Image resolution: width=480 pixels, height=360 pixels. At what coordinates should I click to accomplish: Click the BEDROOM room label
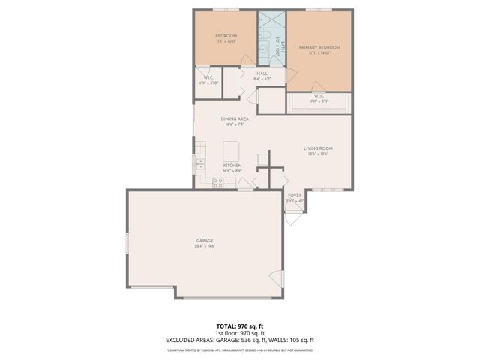(226, 36)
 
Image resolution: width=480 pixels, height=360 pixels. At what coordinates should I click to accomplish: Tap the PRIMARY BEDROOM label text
(319, 47)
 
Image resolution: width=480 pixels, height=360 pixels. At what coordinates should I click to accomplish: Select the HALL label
(262, 73)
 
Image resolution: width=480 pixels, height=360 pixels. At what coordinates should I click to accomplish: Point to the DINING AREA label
(235, 119)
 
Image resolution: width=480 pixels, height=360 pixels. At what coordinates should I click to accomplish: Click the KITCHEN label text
(232, 165)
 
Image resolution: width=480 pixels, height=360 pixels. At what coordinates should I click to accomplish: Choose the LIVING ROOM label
(318, 148)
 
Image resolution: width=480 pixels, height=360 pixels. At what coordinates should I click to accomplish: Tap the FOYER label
(295, 195)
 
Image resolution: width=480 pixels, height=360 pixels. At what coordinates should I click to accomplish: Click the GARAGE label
(204, 241)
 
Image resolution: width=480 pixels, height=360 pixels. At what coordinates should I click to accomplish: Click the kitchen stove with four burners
(218, 181)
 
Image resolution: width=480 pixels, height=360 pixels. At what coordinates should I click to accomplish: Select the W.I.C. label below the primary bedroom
(319, 96)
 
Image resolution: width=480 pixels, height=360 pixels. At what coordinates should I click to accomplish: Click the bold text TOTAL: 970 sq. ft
(240, 325)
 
